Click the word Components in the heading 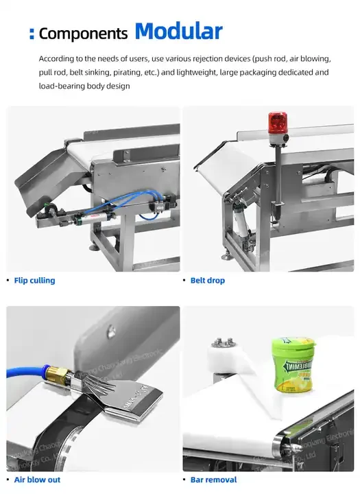pyautogui.click(x=83, y=34)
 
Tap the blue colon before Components pyautogui.click(x=32, y=34)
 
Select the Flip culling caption pyautogui.click(x=34, y=281)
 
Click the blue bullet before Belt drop pyautogui.click(x=183, y=281)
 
